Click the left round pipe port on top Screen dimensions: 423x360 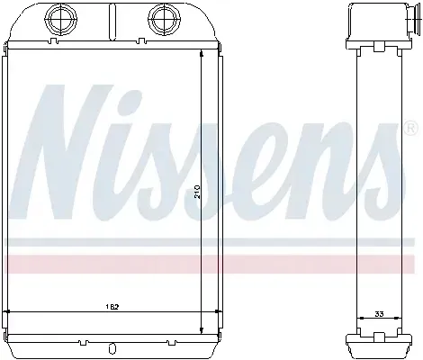(60, 19)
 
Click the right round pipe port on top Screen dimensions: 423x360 (166, 19)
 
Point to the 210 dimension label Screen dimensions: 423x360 (197, 191)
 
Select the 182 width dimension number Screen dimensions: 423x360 (112, 307)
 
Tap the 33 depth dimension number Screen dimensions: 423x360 (379, 314)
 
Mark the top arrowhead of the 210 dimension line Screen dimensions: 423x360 (202, 53)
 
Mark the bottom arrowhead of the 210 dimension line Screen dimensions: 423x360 (202, 330)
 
